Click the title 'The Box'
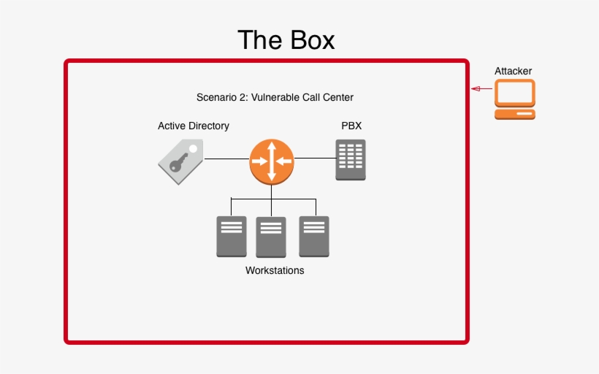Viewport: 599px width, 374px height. (x=286, y=39)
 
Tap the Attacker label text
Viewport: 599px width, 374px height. (x=514, y=71)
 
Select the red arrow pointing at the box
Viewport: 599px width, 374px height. (x=481, y=89)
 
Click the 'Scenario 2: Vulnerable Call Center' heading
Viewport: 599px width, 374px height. (x=275, y=97)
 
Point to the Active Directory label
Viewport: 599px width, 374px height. (x=194, y=126)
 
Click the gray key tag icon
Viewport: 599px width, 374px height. (x=180, y=161)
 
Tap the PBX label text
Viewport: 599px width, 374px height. (x=351, y=126)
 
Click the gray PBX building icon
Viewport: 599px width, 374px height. (x=351, y=161)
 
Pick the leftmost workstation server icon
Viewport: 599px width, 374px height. (x=232, y=236)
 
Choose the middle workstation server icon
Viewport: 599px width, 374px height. (x=271, y=237)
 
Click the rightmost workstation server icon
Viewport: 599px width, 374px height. (x=314, y=236)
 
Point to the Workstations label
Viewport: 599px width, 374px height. (x=275, y=270)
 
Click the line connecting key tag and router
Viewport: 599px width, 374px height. (x=226, y=159)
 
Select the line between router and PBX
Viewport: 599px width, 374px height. (x=314, y=158)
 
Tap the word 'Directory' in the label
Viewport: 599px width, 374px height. (x=210, y=126)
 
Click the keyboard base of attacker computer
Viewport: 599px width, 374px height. (x=515, y=115)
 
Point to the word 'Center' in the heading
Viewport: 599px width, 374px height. (x=338, y=97)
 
